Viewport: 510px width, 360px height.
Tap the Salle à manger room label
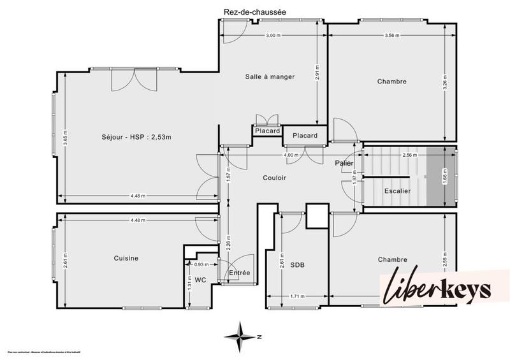[270, 76]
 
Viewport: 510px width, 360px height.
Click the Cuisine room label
[126, 258]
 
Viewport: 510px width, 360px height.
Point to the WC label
[200, 280]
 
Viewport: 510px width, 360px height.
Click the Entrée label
[240, 273]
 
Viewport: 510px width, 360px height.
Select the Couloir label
[275, 178]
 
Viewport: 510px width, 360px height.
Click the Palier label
[345, 163]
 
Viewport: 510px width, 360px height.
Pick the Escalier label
[397, 191]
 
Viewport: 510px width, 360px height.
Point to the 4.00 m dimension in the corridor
[291, 155]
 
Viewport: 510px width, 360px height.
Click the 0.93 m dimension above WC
[201, 264]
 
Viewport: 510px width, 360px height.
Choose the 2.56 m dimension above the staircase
[409, 155]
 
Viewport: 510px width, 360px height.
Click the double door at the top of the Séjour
[133, 80]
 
